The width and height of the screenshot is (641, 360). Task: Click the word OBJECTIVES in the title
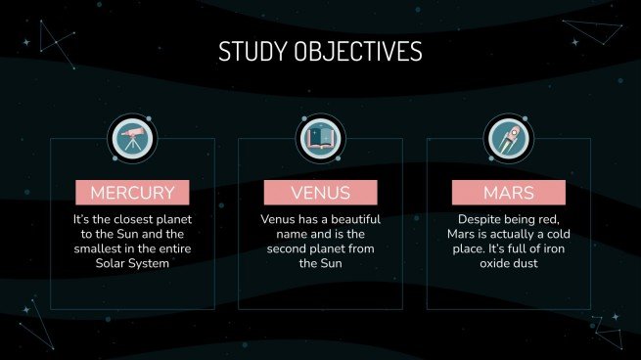tap(357, 51)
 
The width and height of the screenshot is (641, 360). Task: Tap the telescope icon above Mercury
tap(132, 138)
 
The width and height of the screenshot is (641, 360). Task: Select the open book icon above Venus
tap(320, 138)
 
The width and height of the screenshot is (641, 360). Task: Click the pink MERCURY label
tap(132, 192)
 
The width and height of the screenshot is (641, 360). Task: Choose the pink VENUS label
tap(320, 192)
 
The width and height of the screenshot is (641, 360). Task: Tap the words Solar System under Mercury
tap(132, 264)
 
